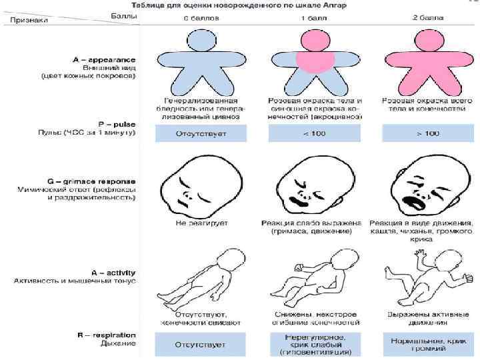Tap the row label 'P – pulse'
click(116, 124)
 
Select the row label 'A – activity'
click(114, 272)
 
